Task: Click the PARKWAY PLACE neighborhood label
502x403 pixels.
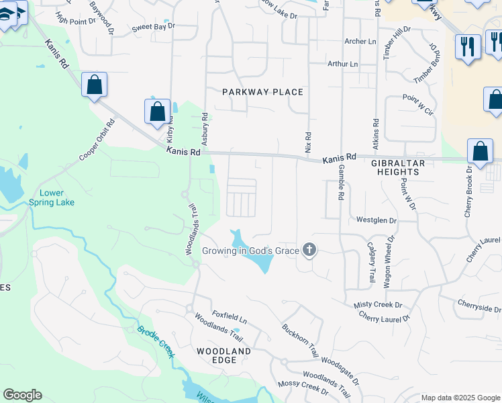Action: coord(263,92)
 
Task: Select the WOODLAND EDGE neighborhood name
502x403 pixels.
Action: coord(223,355)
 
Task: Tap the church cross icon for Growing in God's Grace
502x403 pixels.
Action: coord(309,251)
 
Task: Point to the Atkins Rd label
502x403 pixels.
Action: coord(376,133)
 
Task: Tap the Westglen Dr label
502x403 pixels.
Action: coord(376,220)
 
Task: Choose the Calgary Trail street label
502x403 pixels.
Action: coord(371,262)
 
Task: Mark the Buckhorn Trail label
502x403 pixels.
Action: coord(299,339)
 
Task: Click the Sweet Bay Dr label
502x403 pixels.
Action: coord(153,26)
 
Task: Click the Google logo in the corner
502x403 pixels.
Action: coord(22,395)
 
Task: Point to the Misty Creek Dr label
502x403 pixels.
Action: coord(379,305)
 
